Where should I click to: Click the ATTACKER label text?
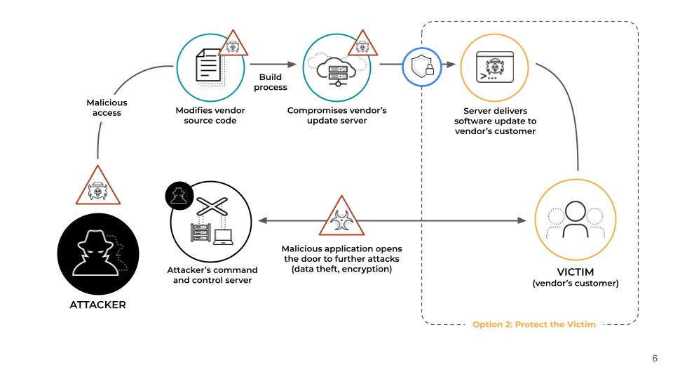[97, 305]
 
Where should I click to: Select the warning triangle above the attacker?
[98, 186]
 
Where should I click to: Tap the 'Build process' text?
[273, 81]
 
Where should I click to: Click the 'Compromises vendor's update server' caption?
[337, 116]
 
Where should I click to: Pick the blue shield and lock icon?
[422, 67]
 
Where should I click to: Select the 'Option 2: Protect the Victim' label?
[534, 324]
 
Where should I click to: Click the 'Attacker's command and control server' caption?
[212, 275]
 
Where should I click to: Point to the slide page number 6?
[655, 358]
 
